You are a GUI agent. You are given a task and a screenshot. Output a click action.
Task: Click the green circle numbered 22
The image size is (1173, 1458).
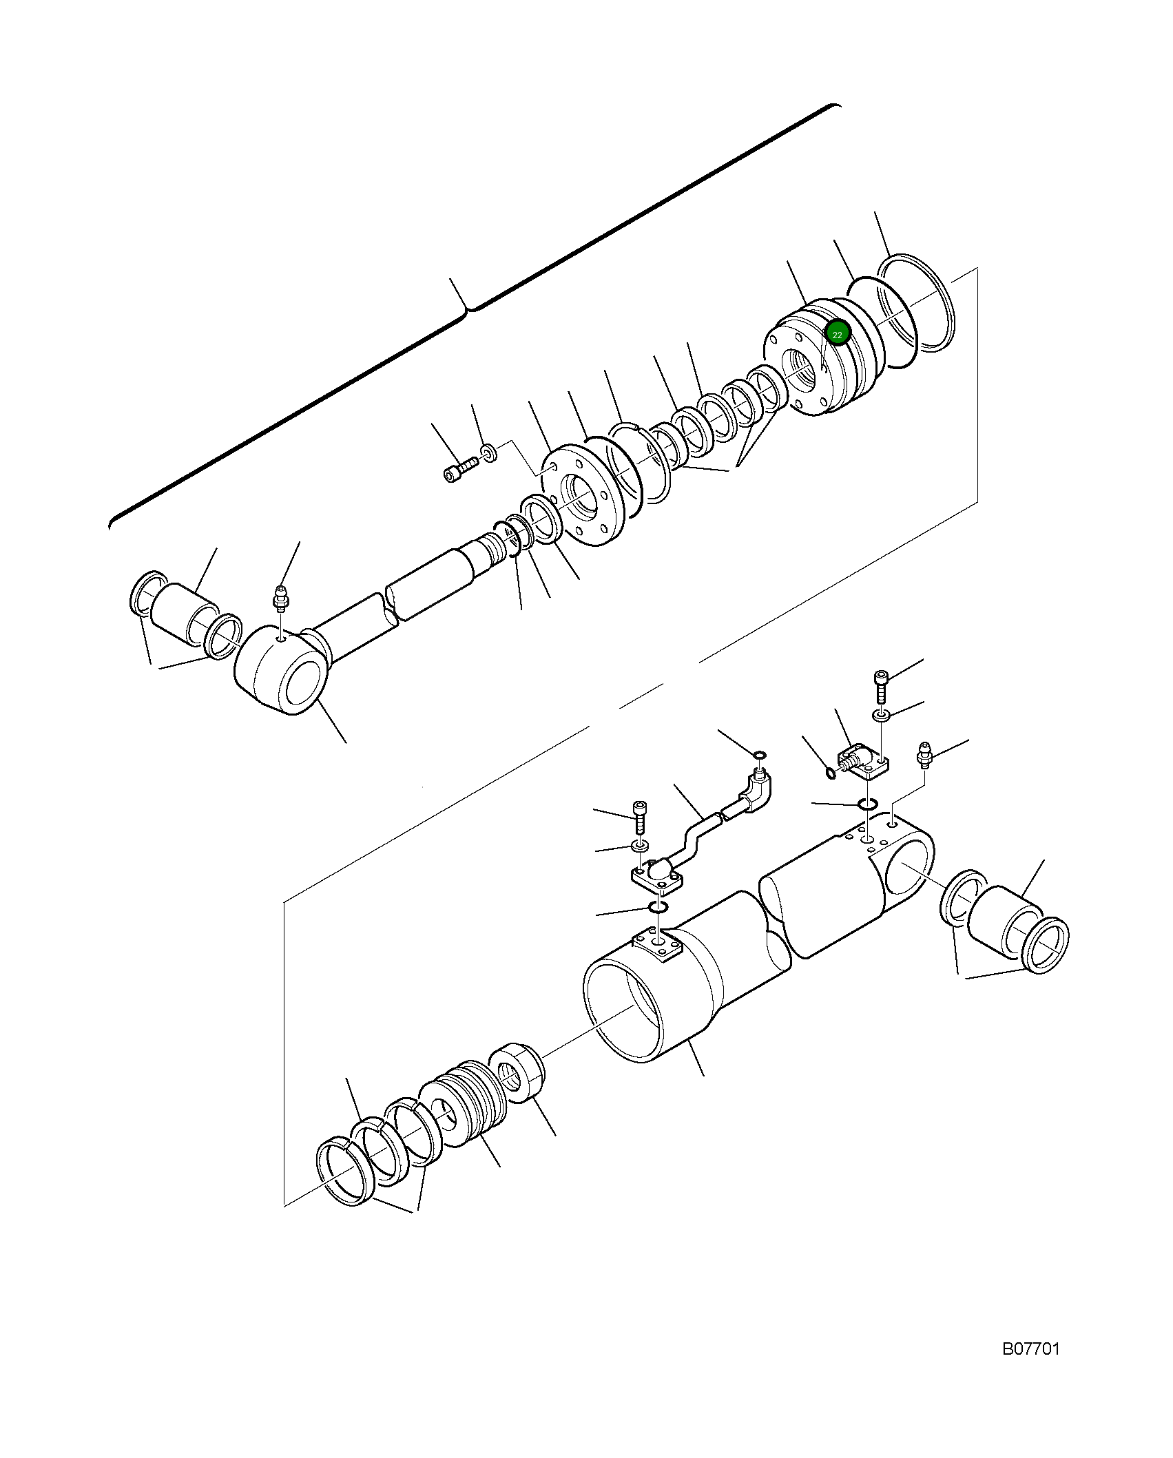pos(838,334)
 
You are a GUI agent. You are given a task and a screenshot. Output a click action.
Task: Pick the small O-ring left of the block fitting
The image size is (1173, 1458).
pos(831,773)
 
